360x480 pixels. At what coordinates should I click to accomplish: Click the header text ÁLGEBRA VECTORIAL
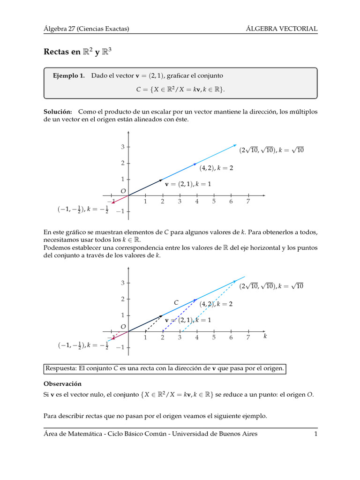click(x=282, y=29)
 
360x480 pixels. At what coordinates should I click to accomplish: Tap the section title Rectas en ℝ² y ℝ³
click(x=77, y=52)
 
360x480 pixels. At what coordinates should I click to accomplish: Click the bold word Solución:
click(x=58, y=112)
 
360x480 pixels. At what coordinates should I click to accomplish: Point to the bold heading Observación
click(x=62, y=383)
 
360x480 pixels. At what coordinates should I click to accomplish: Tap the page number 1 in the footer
click(x=316, y=434)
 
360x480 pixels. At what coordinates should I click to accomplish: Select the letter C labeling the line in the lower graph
click(x=176, y=303)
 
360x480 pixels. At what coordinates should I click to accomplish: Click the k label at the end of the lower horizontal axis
click(x=265, y=336)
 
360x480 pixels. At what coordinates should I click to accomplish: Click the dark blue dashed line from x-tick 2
click(x=178, y=316)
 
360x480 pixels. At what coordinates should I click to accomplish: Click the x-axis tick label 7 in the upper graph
click(x=248, y=202)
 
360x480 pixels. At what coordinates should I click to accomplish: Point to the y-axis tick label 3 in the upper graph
click(x=122, y=147)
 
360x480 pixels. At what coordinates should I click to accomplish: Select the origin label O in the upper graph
click(x=123, y=191)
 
